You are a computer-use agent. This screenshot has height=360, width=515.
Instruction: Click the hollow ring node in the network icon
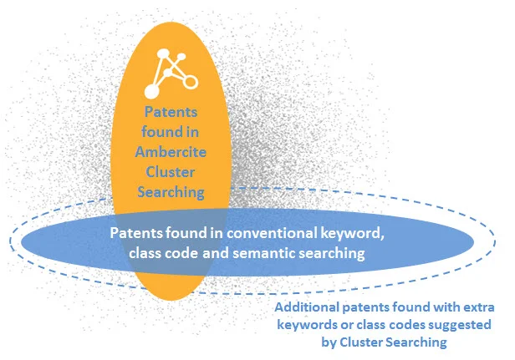(x=191, y=81)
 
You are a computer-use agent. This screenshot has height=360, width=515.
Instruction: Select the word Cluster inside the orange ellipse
(x=171, y=171)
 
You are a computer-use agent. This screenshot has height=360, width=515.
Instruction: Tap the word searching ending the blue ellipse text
(x=337, y=253)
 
